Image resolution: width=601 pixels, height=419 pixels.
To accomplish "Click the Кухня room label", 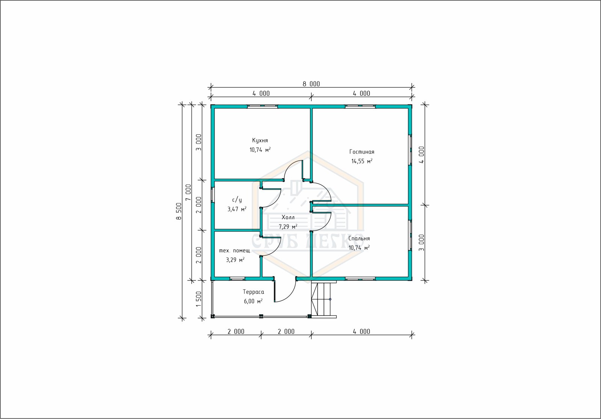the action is [260, 140].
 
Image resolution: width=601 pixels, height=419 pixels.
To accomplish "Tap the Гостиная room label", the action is [362, 152].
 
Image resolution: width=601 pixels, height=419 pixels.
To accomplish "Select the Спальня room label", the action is [359, 238].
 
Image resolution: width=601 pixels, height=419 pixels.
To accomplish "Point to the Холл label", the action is [288, 217].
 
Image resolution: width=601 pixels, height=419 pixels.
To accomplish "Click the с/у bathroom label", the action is [237, 200].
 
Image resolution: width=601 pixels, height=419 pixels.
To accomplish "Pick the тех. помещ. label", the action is [235, 251].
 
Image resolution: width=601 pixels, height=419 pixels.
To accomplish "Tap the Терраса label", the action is [253, 292].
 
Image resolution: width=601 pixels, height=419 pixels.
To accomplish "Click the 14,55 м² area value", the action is [362, 161].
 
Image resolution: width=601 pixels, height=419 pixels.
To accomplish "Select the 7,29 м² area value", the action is [288, 227].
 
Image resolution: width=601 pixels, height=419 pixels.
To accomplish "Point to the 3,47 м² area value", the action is [237, 209].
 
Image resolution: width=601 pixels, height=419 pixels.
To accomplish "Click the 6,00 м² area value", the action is [253, 301].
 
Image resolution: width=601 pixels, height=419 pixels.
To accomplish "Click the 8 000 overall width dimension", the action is [311, 84].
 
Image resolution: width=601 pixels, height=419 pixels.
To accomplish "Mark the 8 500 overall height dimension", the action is [179, 211].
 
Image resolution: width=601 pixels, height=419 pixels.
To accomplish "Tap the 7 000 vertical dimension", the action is [188, 192].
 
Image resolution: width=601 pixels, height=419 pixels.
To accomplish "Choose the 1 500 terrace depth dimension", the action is [199, 299].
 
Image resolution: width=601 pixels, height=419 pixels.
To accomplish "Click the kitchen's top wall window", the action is [263, 107].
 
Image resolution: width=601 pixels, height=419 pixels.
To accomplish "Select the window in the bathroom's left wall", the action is [213, 195].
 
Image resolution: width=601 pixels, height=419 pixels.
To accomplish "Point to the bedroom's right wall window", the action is [410, 235].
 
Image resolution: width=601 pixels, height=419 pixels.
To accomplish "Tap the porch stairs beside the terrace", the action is [324, 299].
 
